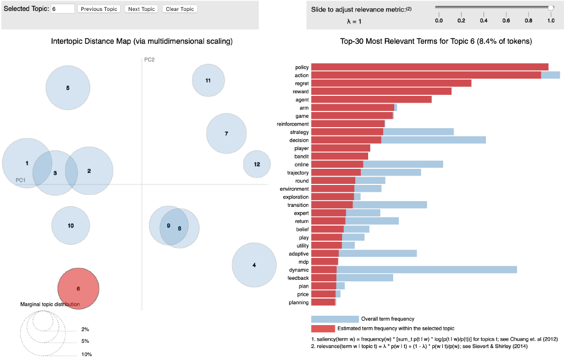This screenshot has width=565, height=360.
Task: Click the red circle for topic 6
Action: pyautogui.click(x=78, y=289)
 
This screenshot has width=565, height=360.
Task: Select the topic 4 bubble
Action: pyautogui.click(x=254, y=265)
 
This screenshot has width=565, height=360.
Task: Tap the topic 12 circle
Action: pyautogui.click(x=257, y=164)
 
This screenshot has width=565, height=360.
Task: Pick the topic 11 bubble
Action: pyautogui.click(x=208, y=81)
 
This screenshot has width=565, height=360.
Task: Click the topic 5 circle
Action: pyautogui.click(x=68, y=88)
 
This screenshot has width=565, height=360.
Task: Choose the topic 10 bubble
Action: pyautogui.click(x=71, y=226)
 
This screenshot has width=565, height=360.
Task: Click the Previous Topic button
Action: pyautogui.click(x=99, y=9)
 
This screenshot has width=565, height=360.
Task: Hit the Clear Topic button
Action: pyautogui.click(x=180, y=9)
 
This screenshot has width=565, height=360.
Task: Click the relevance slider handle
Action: pyautogui.click(x=550, y=7)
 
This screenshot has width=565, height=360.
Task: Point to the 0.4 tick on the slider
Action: pyautogui.click(x=483, y=20)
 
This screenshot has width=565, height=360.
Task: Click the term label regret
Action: pyautogui.click(x=302, y=83)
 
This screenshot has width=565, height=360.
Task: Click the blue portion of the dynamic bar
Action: pyautogui.click(x=427, y=270)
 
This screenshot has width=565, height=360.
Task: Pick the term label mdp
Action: pyautogui.click(x=304, y=262)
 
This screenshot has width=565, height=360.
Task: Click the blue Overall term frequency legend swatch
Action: pyautogui.click(x=335, y=319)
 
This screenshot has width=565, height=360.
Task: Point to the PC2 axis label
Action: pyautogui.click(x=149, y=59)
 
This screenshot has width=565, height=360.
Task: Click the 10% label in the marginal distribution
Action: pyautogui.click(x=86, y=354)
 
